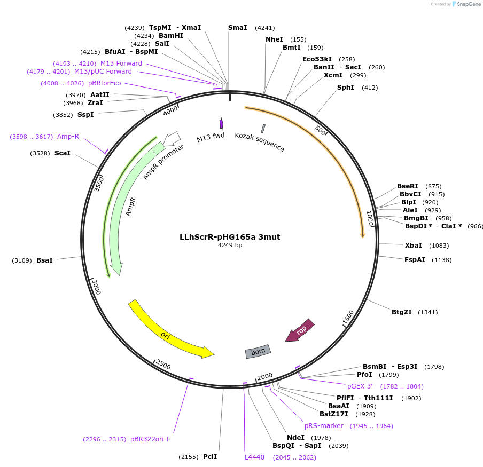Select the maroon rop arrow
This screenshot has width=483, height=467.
click(300, 330)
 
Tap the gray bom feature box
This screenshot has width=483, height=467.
click(258, 351)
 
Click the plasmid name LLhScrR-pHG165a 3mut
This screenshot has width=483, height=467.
click(230, 237)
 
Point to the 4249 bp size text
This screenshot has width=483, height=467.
click(230, 246)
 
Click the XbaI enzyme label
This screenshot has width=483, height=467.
click(413, 246)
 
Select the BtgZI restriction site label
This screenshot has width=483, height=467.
click(401, 312)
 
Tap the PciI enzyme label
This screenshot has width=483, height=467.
click(210, 457)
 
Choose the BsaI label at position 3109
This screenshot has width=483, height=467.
click(44, 260)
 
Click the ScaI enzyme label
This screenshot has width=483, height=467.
click(62, 153)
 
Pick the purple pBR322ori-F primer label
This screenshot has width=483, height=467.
click(150, 439)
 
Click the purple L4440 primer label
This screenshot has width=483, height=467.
click(254, 457)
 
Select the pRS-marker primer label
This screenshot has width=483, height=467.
click(324, 426)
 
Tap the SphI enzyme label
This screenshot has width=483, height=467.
click(345, 88)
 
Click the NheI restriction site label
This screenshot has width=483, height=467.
click(274, 39)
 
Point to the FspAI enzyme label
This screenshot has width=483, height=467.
click(415, 260)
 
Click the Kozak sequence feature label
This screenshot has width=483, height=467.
click(260, 141)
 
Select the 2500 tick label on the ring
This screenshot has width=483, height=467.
click(162, 365)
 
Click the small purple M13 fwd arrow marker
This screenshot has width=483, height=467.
click(221, 124)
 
